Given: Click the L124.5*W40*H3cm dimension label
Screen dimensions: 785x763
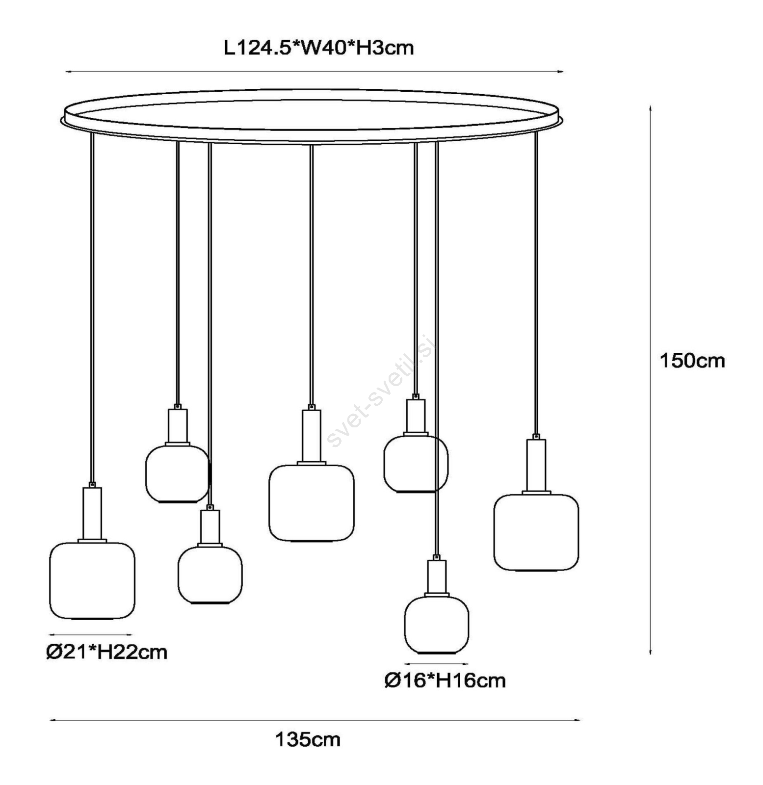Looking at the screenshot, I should point(318,48).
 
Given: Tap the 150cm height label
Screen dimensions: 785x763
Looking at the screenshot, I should point(692,361).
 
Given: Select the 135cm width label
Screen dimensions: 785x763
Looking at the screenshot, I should point(308,739).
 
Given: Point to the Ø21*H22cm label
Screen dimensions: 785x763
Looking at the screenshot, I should point(107,652).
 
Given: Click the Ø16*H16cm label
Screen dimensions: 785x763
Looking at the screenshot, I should point(445,680).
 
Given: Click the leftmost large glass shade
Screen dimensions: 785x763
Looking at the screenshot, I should point(92,580).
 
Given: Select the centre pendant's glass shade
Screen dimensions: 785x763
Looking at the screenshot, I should point(312,503).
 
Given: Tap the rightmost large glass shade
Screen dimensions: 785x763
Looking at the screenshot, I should point(536,532).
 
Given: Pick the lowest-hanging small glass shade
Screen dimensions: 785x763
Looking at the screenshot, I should point(437,625).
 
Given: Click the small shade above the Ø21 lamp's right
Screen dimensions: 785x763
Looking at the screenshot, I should point(177,474).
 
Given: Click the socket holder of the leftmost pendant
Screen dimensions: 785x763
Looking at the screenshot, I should point(92,513).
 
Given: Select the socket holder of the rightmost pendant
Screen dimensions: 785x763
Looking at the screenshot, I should point(536,465).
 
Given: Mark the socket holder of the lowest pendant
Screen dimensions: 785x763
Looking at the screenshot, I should point(437,576).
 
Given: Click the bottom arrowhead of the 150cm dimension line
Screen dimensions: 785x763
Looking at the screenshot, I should point(651,652).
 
